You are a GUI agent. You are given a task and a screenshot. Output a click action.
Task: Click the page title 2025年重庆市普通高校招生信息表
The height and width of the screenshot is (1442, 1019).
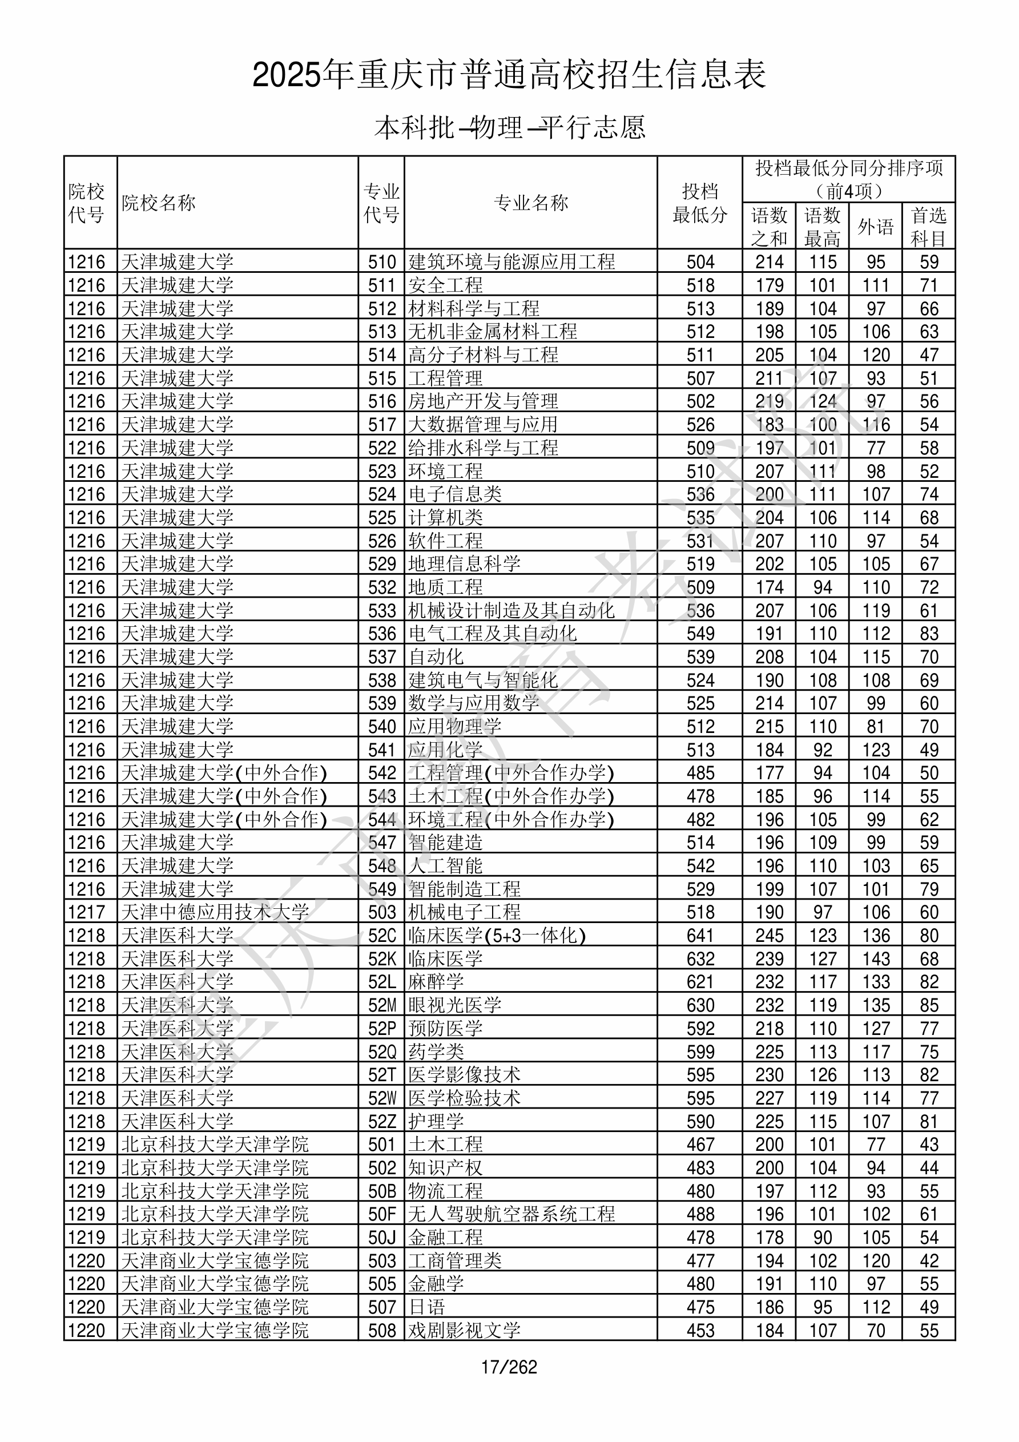509,75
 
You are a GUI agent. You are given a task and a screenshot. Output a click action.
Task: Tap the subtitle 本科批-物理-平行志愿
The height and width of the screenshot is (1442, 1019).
509,127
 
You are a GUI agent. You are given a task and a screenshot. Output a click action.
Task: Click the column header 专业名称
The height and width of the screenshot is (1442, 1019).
531,203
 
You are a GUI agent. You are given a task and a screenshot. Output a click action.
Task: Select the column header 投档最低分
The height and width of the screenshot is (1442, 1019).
699,203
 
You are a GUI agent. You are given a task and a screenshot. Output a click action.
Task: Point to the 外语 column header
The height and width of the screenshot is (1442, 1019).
875,226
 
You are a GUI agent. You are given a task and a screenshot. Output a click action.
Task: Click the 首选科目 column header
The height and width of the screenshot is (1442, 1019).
929,226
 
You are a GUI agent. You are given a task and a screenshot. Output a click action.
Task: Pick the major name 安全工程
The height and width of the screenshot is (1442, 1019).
445,285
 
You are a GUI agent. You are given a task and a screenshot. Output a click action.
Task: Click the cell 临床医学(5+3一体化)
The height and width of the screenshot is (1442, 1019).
496,935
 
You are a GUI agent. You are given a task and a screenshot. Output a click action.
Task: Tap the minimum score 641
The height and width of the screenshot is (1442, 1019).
700,935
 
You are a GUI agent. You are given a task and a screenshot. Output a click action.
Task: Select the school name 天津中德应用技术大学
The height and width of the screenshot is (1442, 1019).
214,912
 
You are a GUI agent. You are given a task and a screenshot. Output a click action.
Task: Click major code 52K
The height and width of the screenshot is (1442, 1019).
382,958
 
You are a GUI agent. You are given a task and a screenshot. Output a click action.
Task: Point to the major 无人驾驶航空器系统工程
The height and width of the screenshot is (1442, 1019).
511,1214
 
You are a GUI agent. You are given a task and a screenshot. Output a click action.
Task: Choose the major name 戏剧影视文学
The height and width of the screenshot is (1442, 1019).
464,1330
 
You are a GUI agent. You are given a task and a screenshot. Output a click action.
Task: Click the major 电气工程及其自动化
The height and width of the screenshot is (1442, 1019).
492,633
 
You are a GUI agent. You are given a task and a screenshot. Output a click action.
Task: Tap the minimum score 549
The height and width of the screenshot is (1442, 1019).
700,633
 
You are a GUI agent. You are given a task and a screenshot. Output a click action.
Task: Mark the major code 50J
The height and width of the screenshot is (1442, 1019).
382,1237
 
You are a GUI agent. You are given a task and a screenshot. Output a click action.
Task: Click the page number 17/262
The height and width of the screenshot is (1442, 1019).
509,1367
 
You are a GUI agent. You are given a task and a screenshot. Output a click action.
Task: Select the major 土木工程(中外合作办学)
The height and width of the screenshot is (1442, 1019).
511,796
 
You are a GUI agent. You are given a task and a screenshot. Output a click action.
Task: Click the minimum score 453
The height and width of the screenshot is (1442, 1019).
700,1330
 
